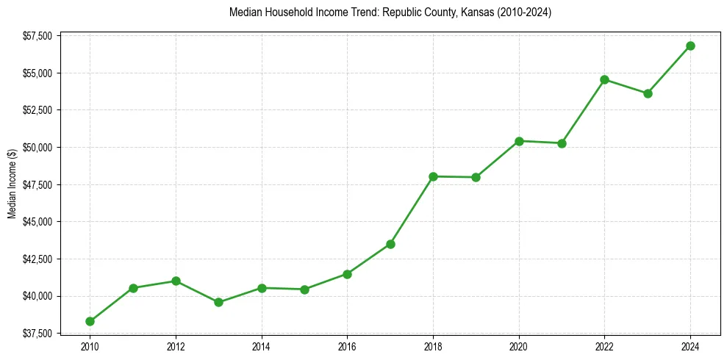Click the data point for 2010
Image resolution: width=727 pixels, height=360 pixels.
tap(90, 321)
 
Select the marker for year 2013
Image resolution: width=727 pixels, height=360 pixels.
tap(218, 302)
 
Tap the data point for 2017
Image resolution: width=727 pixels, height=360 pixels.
tap(390, 244)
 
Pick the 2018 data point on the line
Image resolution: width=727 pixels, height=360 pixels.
tap(433, 176)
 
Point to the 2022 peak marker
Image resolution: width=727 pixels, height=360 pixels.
tap(604, 79)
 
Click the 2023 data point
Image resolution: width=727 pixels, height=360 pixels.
tap(648, 93)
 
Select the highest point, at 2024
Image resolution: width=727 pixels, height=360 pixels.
tap(690, 46)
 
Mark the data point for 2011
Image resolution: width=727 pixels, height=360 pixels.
tap(133, 288)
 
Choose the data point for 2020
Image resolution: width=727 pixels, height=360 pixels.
tap(519, 141)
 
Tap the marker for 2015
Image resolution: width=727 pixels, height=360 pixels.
tap(304, 289)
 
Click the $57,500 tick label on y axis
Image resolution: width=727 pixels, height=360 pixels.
tap(37, 36)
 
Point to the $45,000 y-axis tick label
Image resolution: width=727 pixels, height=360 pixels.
tap(37, 222)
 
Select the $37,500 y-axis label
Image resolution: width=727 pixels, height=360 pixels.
tap(37, 334)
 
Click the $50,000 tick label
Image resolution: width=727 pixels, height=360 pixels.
tap(37, 148)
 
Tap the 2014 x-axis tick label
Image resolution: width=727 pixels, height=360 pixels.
tap(262, 347)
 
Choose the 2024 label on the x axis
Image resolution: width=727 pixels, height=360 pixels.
tap(690, 347)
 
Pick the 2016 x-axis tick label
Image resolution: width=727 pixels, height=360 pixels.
tap(347, 347)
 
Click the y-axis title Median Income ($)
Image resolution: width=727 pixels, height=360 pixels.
tap(12, 183)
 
